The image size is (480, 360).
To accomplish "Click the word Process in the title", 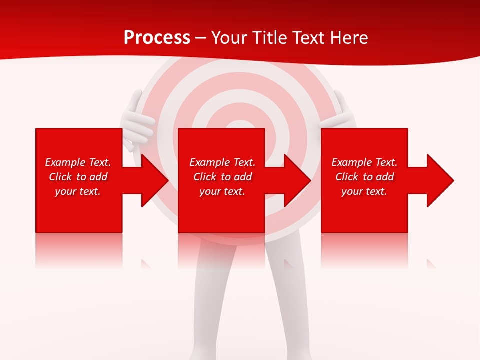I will [x=157, y=38].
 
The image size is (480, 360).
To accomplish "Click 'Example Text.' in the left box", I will [x=78, y=162].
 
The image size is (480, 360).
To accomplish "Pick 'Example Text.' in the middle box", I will [x=222, y=162].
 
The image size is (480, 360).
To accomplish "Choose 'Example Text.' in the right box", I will [x=364, y=162].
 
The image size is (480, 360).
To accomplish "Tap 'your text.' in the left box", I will [x=78, y=191].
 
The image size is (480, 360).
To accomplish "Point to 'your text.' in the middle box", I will [x=222, y=191].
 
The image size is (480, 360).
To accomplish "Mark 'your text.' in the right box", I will [x=364, y=191].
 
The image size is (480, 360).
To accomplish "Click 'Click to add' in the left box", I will [x=78, y=177].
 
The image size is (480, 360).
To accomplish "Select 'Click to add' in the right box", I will [x=364, y=177].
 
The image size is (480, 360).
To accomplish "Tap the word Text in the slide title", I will [x=308, y=38].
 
